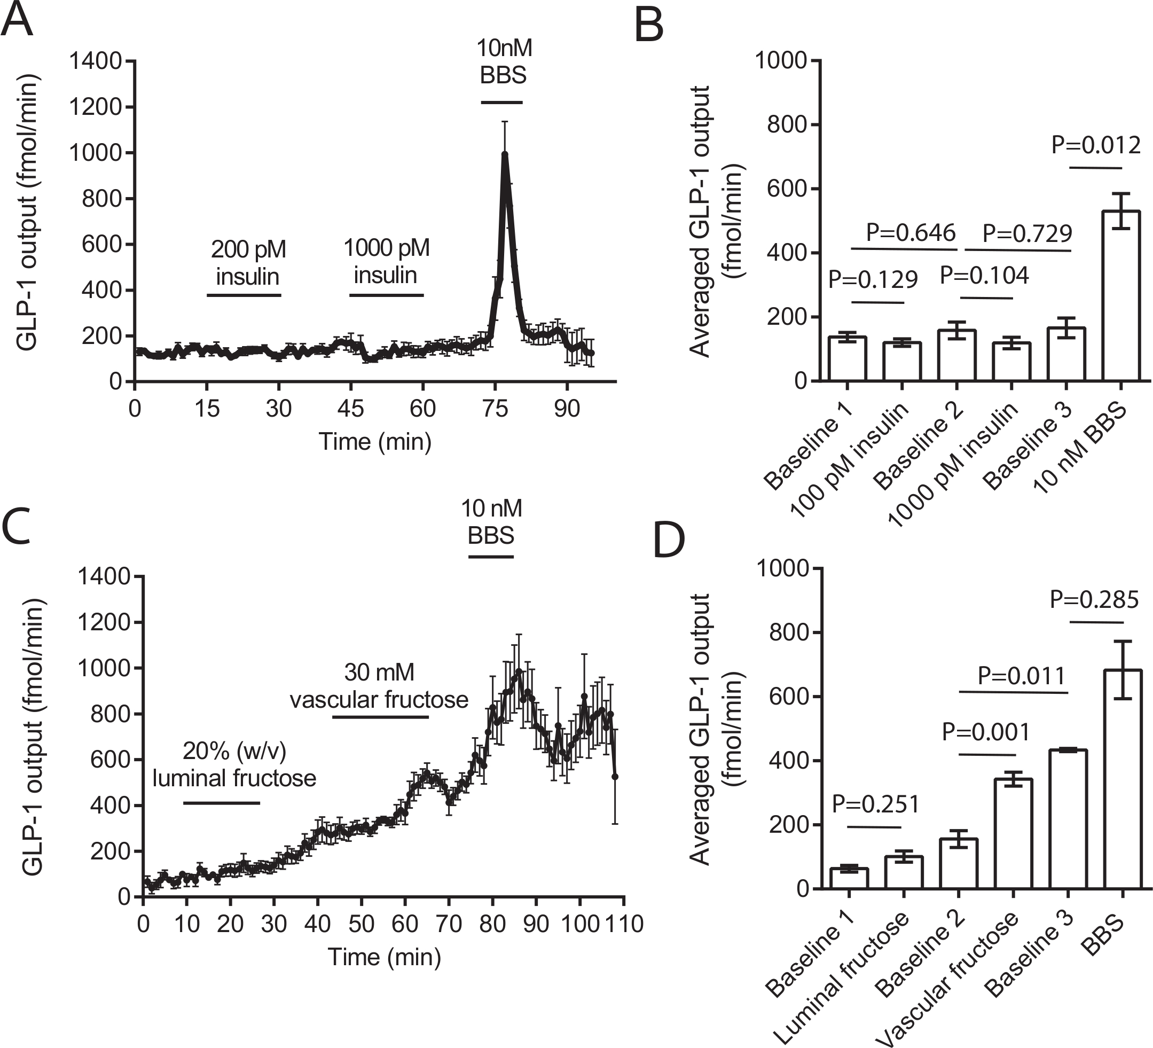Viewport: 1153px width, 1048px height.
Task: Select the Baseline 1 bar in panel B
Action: [x=847, y=358]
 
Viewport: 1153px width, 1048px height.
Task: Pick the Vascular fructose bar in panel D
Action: [x=1014, y=833]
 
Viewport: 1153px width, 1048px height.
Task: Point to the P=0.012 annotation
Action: [x=1096, y=145]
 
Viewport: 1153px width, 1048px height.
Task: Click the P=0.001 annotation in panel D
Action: [x=985, y=732]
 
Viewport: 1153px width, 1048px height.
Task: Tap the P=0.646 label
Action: [x=911, y=233]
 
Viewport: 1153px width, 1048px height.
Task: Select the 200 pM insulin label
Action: [x=248, y=263]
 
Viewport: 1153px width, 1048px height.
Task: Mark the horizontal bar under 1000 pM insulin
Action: [x=387, y=295]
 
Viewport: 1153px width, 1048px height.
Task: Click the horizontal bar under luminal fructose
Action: [x=221, y=803]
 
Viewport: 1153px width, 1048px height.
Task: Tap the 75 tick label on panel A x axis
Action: [x=495, y=409]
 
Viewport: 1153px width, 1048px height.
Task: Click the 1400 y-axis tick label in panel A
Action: [x=96, y=61]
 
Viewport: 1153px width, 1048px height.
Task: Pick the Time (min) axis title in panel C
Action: [x=385, y=957]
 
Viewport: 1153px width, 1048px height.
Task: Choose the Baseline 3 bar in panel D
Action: [x=1068, y=819]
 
